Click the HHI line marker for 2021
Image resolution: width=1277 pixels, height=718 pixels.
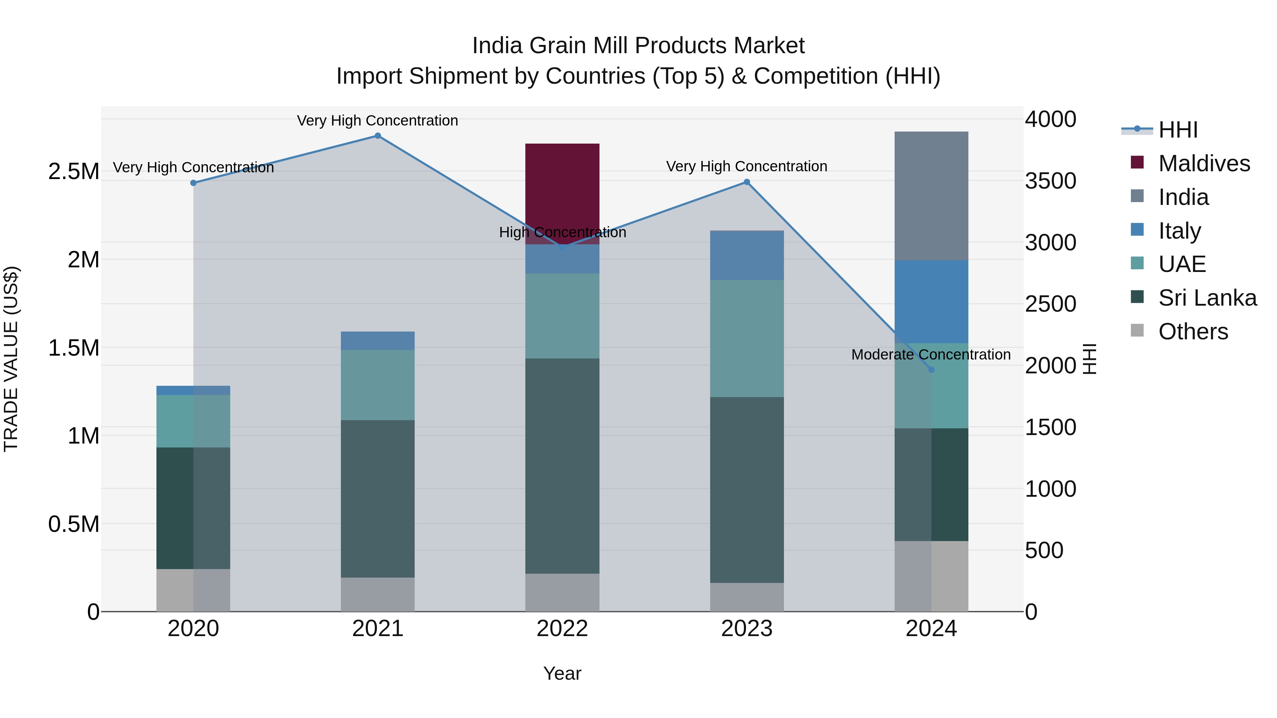[x=378, y=136]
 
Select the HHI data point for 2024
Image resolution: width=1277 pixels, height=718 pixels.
[x=931, y=370]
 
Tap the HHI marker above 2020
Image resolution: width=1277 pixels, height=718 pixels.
[x=193, y=183]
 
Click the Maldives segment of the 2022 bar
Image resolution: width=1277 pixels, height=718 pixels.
[x=562, y=188]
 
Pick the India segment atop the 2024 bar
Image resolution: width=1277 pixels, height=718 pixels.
[x=931, y=196]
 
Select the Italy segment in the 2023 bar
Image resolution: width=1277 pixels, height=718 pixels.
[x=747, y=255]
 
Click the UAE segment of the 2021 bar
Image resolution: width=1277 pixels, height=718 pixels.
[x=378, y=385]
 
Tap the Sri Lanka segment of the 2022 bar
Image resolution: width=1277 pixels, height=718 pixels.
[x=562, y=466]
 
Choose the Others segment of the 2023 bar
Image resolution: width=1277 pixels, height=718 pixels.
[x=747, y=597]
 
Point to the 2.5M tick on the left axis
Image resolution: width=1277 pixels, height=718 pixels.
[x=73, y=172]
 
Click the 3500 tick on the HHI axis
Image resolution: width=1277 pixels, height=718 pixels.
[x=1050, y=181]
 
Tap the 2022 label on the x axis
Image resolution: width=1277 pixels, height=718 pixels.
[x=562, y=629]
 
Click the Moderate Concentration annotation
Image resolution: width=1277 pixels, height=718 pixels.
[x=930, y=355]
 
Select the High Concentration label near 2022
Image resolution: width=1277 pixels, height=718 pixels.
[x=562, y=232]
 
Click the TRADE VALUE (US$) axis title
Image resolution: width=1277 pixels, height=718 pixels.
[x=11, y=359]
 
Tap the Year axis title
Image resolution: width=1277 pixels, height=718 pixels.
[x=562, y=673]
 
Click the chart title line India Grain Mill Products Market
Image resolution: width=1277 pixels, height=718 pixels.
[x=638, y=46]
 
